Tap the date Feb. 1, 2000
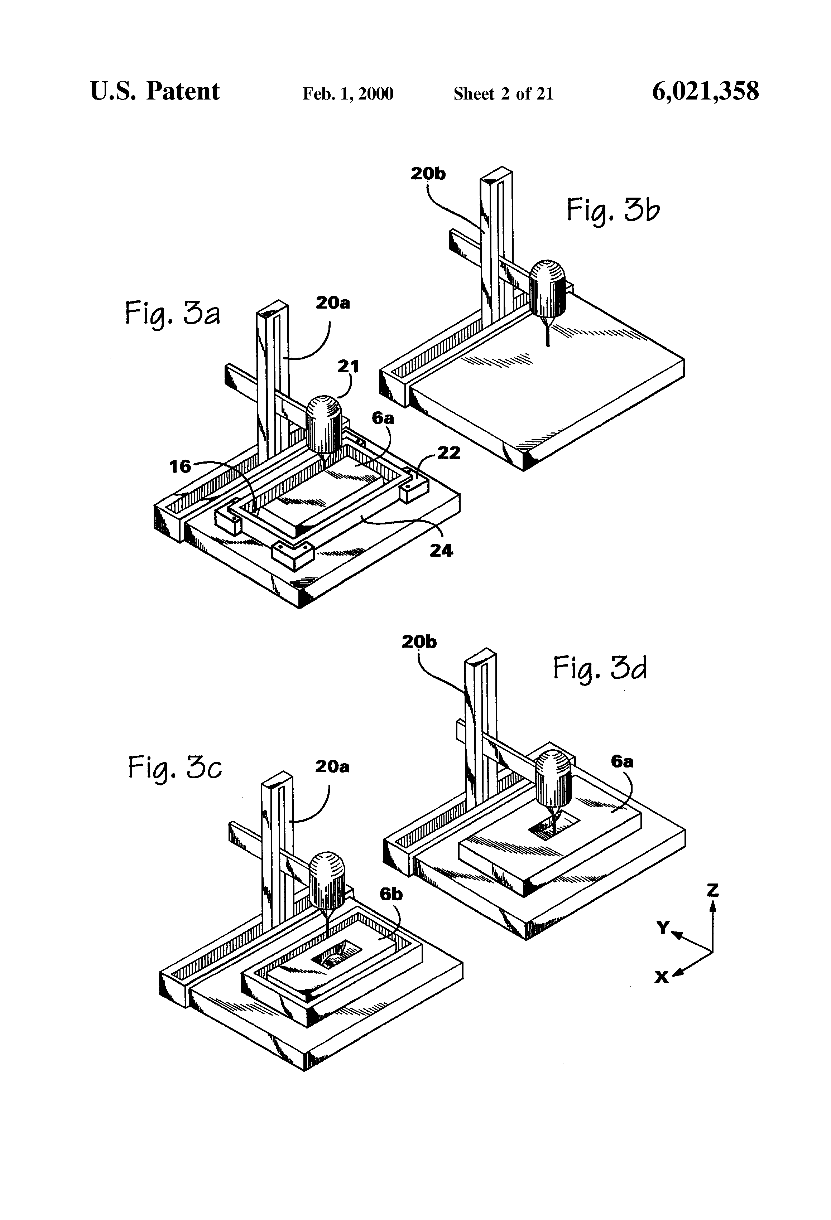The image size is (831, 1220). (x=348, y=94)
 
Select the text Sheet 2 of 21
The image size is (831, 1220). (x=503, y=94)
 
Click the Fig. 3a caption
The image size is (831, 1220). (x=172, y=313)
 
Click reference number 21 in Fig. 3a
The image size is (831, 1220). (x=348, y=366)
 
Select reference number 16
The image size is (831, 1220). (x=180, y=466)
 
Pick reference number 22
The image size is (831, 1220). (x=448, y=452)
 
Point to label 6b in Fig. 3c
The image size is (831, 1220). (x=391, y=894)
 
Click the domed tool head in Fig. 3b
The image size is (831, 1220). (x=548, y=288)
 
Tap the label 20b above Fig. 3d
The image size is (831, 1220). (x=419, y=642)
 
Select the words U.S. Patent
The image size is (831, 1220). (x=155, y=91)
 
